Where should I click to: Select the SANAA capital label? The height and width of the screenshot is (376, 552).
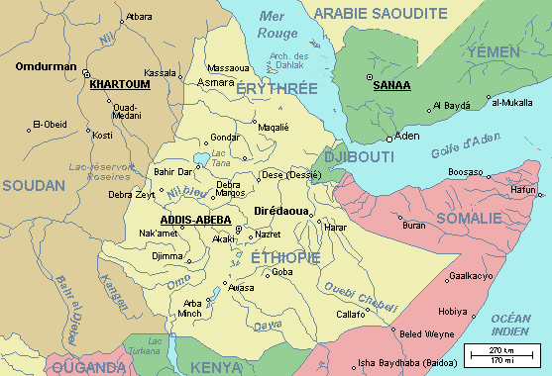(x=390, y=86)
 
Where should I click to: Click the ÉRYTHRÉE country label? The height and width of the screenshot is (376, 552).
(x=277, y=89)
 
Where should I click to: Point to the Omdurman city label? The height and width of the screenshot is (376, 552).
(x=46, y=67)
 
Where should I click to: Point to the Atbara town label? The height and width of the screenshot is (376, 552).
(x=139, y=18)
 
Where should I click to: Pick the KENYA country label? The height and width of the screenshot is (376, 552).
(x=216, y=367)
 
